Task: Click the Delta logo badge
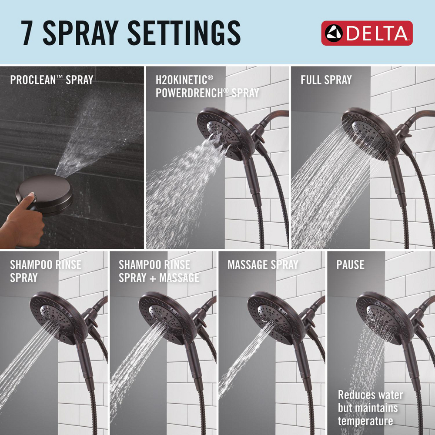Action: pos(367,33)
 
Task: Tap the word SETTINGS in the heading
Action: pos(184,33)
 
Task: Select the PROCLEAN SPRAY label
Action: pos(52,80)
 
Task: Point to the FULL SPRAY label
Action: pos(326,80)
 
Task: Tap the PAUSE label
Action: pos(350,264)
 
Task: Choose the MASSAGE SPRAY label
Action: pos(263,264)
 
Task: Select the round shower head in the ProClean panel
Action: pos(44,194)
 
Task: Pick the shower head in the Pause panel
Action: pos(385,318)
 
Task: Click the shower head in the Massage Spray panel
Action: pos(276,318)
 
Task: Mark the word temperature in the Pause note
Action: pos(365,421)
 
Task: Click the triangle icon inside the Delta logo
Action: pos(334,33)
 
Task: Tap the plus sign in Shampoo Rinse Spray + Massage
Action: pos(153,278)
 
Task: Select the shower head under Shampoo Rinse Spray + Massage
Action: pos(167,318)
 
